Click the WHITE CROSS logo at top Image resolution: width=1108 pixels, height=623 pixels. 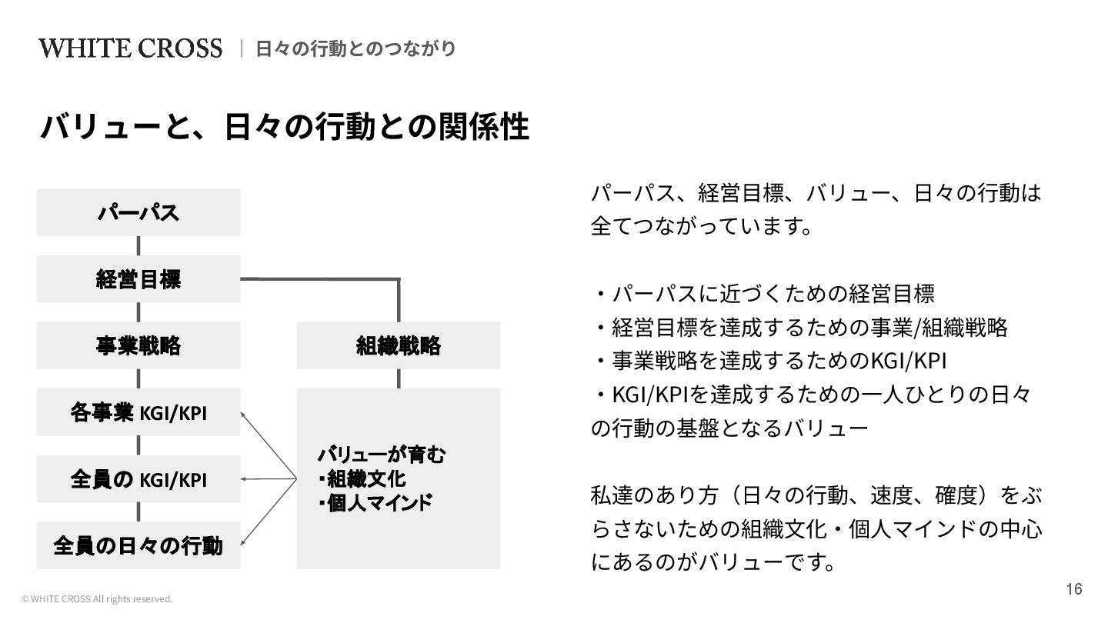coord(130,48)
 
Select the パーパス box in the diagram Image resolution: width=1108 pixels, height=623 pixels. coord(138,212)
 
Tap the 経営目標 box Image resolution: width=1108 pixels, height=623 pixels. coord(138,278)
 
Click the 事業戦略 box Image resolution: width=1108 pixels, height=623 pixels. coord(138,345)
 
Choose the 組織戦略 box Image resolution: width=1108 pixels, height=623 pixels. coord(399,345)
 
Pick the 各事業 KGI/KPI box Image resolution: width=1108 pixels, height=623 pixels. coord(138,412)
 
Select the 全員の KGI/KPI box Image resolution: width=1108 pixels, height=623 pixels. coord(138,479)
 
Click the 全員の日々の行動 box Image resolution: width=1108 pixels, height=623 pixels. coord(138,545)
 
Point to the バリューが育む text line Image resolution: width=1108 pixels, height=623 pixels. coord(382,455)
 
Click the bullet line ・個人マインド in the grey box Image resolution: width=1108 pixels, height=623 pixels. coord(375,504)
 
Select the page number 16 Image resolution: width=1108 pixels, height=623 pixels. coord(1074,589)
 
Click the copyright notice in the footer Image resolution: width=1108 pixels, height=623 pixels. coord(97,599)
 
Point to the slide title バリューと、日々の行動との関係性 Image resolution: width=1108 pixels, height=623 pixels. coord(285,127)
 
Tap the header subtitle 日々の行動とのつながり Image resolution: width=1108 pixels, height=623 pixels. coord(355,48)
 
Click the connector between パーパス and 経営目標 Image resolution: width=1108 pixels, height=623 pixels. coord(138,245)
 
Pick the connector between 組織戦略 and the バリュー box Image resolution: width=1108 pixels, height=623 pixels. coord(399,378)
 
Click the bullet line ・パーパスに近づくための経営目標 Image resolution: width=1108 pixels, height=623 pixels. coord(763,293)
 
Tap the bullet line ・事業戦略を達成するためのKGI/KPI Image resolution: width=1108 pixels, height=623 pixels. coord(769,361)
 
